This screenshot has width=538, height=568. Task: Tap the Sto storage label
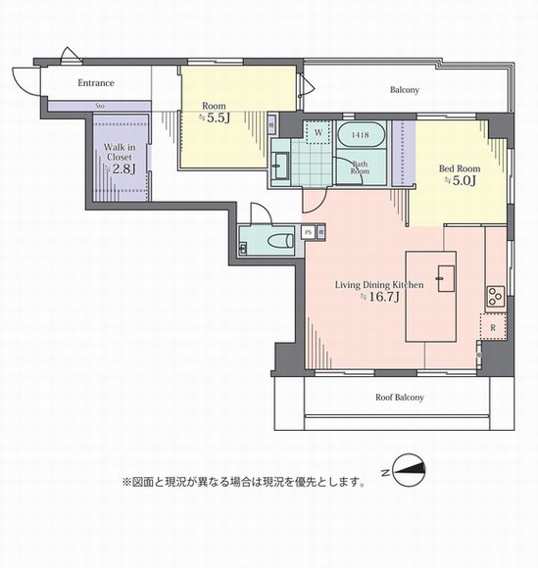coord(100,107)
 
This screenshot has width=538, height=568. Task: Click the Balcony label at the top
coord(404,90)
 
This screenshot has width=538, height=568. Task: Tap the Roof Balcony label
coord(400,398)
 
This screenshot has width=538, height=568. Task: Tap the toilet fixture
coord(278,239)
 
